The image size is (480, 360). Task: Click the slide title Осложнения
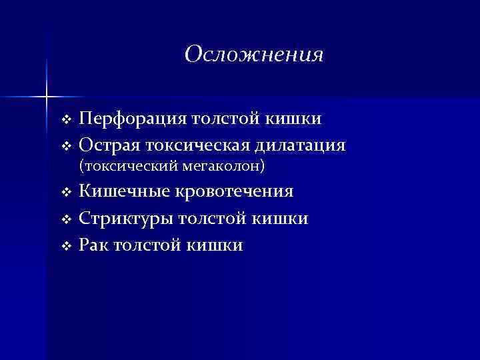point(254,54)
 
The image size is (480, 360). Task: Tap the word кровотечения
point(234,192)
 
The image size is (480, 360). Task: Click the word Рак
point(95,245)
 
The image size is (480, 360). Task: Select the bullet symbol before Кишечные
point(65,193)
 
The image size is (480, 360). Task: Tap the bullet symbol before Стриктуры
point(65,219)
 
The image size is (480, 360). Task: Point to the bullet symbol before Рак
point(65,246)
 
